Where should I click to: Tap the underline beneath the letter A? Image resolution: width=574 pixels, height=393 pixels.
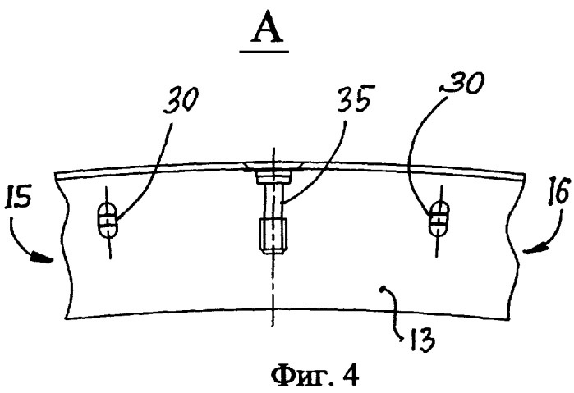(264, 52)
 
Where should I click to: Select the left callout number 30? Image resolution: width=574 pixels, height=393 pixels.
(181, 98)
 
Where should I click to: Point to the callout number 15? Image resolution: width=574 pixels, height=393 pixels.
(17, 197)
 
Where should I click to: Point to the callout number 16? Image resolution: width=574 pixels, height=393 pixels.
(558, 190)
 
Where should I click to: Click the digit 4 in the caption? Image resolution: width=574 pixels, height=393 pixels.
(351, 375)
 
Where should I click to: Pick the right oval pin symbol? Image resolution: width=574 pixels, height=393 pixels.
(439, 219)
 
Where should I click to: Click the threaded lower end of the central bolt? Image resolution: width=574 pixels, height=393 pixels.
(273, 235)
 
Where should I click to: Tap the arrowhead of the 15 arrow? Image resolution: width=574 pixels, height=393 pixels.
(43, 257)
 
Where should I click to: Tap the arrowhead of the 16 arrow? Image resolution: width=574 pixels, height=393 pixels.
(533, 249)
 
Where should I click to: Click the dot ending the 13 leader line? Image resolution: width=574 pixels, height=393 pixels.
(383, 290)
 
